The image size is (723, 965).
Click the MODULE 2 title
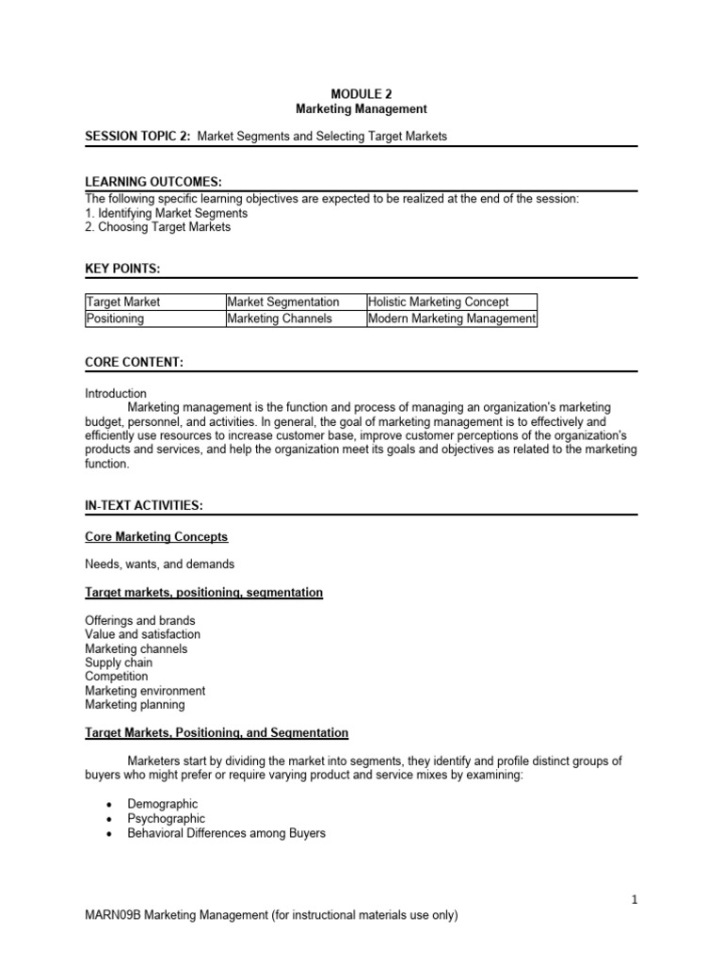coord(361,93)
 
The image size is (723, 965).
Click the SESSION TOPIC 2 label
coord(139,137)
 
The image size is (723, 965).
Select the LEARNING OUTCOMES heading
coord(153,182)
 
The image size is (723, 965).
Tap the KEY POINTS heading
coord(122,270)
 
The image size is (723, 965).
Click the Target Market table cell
coord(123,303)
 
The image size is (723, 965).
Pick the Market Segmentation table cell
coord(283,303)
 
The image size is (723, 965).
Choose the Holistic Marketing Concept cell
coord(439,303)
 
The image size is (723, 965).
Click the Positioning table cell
coord(115,319)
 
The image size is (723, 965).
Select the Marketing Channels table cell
coord(280,319)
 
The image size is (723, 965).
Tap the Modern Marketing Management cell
coord(452,319)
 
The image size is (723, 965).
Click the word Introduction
coord(116,393)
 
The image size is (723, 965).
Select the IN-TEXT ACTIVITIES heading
coord(143,506)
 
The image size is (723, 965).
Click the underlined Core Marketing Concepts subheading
coord(156,537)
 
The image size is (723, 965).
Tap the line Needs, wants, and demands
coord(159,564)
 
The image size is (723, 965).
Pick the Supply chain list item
coord(119,662)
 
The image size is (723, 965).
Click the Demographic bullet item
coord(163,805)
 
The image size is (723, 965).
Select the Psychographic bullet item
coord(166,819)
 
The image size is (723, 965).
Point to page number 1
coord(635,900)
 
